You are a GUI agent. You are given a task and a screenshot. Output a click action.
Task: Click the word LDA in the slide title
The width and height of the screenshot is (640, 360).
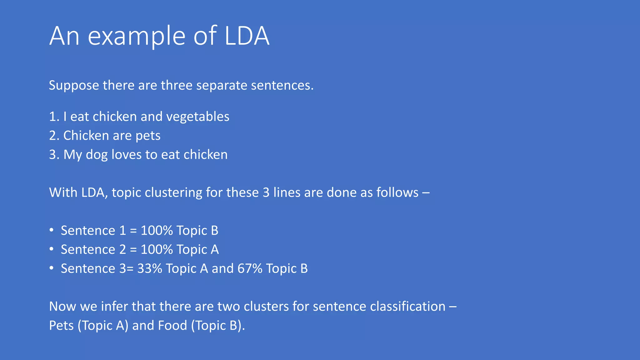click(247, 36)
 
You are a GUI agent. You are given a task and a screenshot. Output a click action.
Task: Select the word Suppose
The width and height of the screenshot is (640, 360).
click(74, 86)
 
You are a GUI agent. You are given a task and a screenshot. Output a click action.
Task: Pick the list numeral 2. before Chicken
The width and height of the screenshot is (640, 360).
click(54, 136)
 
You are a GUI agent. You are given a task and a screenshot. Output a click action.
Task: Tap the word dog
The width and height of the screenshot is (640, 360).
click(97, 155)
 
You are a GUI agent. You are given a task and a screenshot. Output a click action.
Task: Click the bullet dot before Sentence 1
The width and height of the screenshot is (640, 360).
click(52, 230)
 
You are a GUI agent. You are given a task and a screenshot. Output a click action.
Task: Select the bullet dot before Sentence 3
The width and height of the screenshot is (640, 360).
click(52, 268)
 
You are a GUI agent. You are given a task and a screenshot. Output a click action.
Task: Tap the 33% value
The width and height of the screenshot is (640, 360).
click(149, 268)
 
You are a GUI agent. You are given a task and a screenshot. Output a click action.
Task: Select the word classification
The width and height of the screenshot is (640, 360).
click(407, 307)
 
